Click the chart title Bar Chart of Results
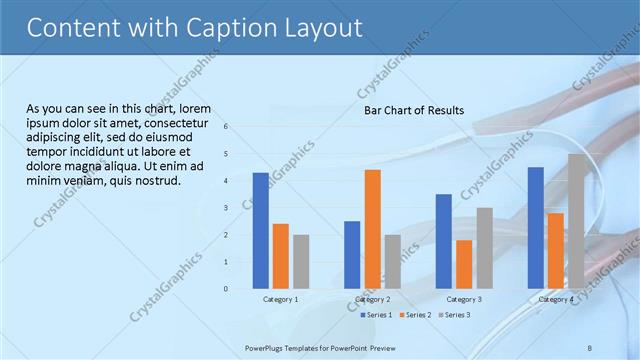point(413,110)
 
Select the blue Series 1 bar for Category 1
point(260,230)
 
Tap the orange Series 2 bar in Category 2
point(372,228)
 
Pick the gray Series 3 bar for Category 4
point(577,221)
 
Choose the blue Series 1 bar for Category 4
point(535,227)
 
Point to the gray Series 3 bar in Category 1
point(301,261)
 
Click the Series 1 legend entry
point(377,315)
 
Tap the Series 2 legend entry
point(415,315)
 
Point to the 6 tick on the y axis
point(226,127)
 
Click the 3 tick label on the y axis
point(226,208)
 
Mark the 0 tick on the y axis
point(226,289)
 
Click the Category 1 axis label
point(280,299)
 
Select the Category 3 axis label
point(464,299)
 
